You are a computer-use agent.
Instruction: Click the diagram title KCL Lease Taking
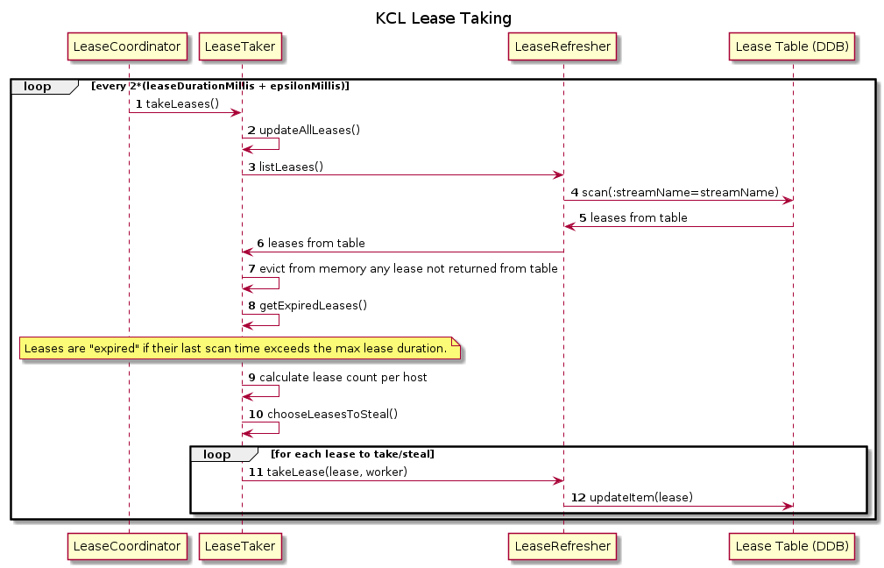443,18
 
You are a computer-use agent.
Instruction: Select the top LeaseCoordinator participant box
129,46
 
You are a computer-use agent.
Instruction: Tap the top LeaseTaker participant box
242,46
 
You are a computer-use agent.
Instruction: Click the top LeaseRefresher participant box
563,46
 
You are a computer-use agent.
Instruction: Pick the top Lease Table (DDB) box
793,46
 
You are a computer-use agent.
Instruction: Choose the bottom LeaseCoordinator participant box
129,546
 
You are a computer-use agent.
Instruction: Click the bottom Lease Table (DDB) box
793,546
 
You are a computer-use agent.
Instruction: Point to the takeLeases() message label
182,103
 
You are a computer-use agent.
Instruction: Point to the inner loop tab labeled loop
216,454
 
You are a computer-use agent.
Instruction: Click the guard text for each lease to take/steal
352,454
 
